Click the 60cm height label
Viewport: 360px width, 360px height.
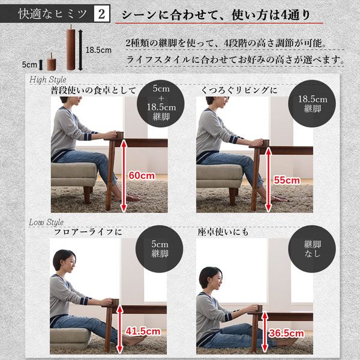tap(142, 176)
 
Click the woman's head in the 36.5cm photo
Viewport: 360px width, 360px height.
tap(211, 277)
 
